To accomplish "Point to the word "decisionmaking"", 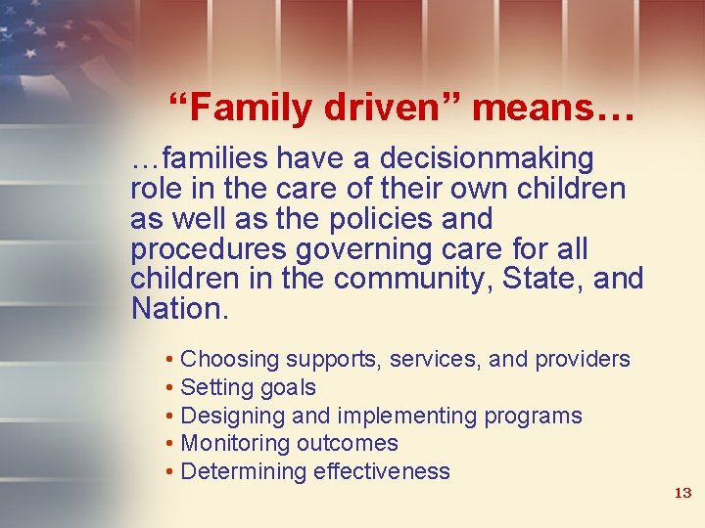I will pos(487,157).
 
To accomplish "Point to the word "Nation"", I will pos(176,309).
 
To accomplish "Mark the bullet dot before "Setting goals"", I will pos(170,388).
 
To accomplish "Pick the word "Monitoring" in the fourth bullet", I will pos(235,443).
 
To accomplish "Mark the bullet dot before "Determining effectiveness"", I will pos(170,472).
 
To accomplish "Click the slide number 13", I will pos(682,493).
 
